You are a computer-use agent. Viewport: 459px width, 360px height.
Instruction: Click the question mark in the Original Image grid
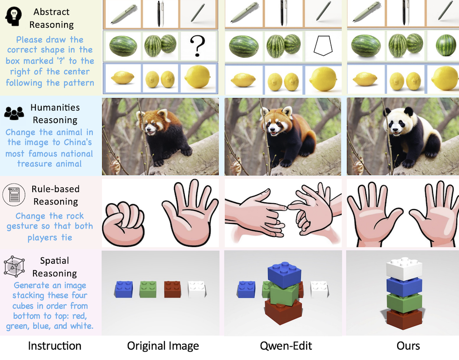click(197, 46)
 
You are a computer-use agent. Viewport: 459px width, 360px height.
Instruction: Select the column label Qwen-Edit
click(286, 346)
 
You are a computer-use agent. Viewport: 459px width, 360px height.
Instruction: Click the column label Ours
click(408, 346)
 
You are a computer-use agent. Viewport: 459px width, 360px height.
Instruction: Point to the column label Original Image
click(163, 346)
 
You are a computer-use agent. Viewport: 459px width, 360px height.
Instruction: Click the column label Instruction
click(54, 346)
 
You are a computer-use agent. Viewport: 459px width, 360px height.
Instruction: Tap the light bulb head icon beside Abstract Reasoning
click(13, 16)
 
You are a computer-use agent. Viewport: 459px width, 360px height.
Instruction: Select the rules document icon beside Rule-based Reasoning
click(14, 195)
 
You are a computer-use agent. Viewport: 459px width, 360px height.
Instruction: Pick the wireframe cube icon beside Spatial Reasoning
click(14, 266)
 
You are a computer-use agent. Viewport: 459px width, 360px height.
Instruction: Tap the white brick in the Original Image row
click(197, 289)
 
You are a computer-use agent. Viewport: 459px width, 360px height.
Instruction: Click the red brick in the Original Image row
click(173, 289)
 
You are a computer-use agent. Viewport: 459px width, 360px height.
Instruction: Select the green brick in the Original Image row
click(148, 289)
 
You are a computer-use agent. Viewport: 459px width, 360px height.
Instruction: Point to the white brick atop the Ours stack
click(404, 269)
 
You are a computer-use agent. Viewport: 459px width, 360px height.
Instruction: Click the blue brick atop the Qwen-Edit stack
click(284, 274)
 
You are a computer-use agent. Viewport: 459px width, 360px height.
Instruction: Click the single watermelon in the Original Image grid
click(123, 46)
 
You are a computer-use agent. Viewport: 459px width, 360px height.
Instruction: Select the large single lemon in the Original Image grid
click(198, 77)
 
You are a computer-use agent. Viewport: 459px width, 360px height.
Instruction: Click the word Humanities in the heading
click(55, 107)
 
